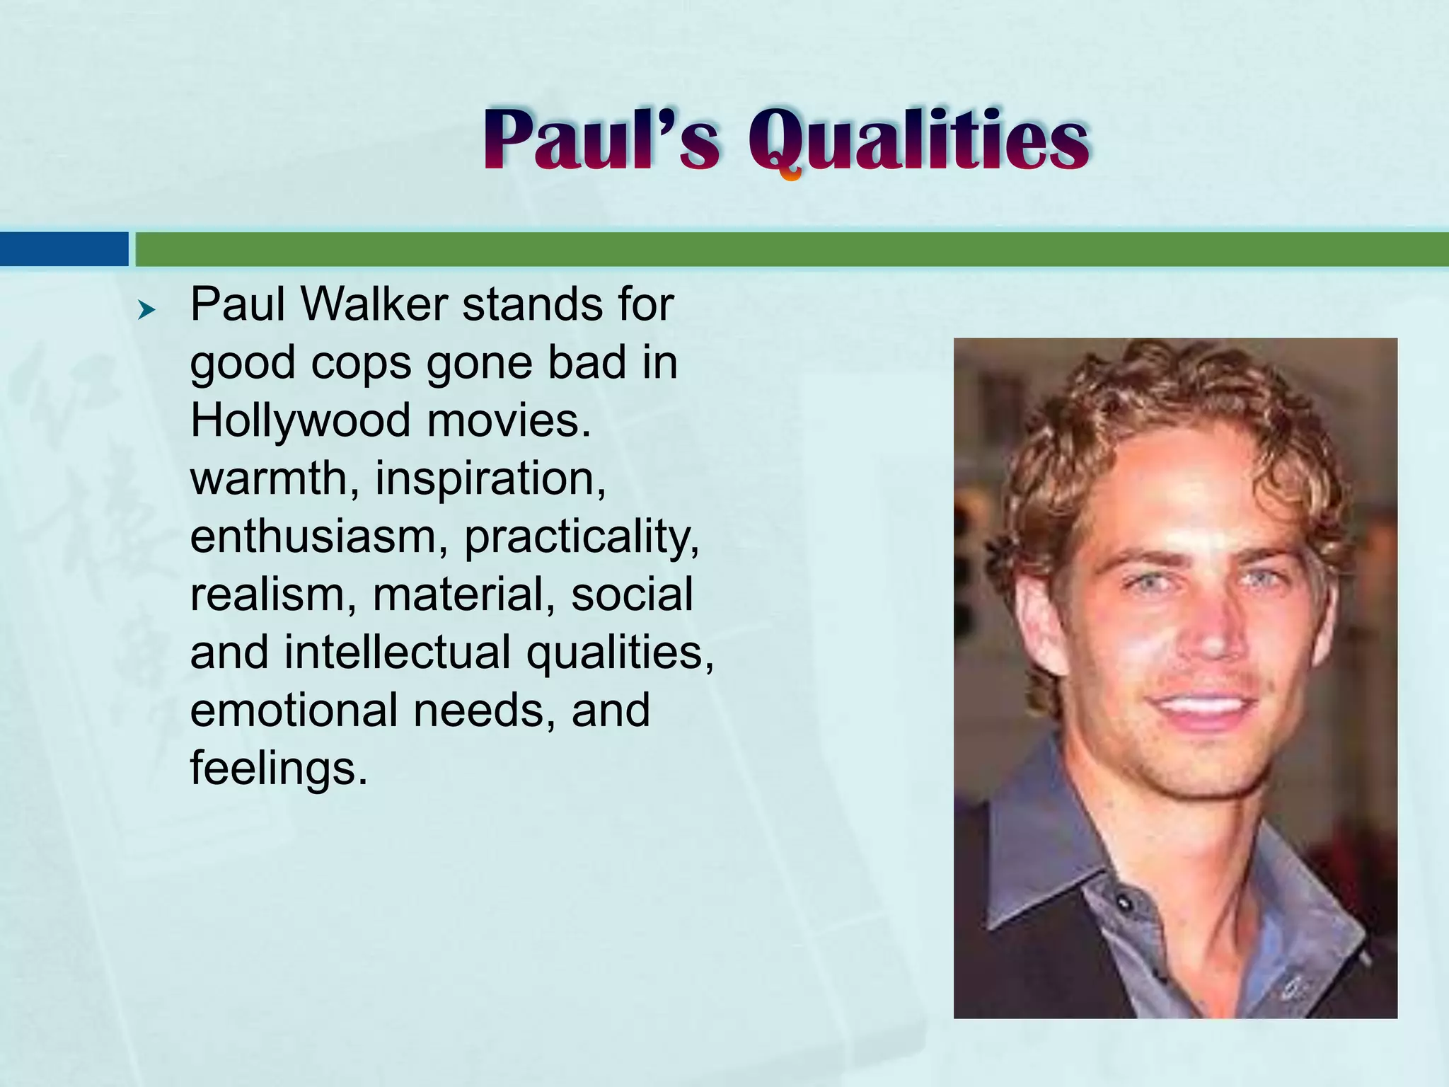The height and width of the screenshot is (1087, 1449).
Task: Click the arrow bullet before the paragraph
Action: coord(146,309)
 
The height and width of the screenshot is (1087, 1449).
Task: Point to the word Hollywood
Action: coord(300,420)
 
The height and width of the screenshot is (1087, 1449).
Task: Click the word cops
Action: coord(361,363)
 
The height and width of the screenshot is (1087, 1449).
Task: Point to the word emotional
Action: coord(294,710)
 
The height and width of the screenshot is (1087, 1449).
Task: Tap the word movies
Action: coord(508,420)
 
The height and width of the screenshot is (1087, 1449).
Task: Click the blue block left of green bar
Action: coord(64,249)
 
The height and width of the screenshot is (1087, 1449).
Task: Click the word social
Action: coord(632,594)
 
